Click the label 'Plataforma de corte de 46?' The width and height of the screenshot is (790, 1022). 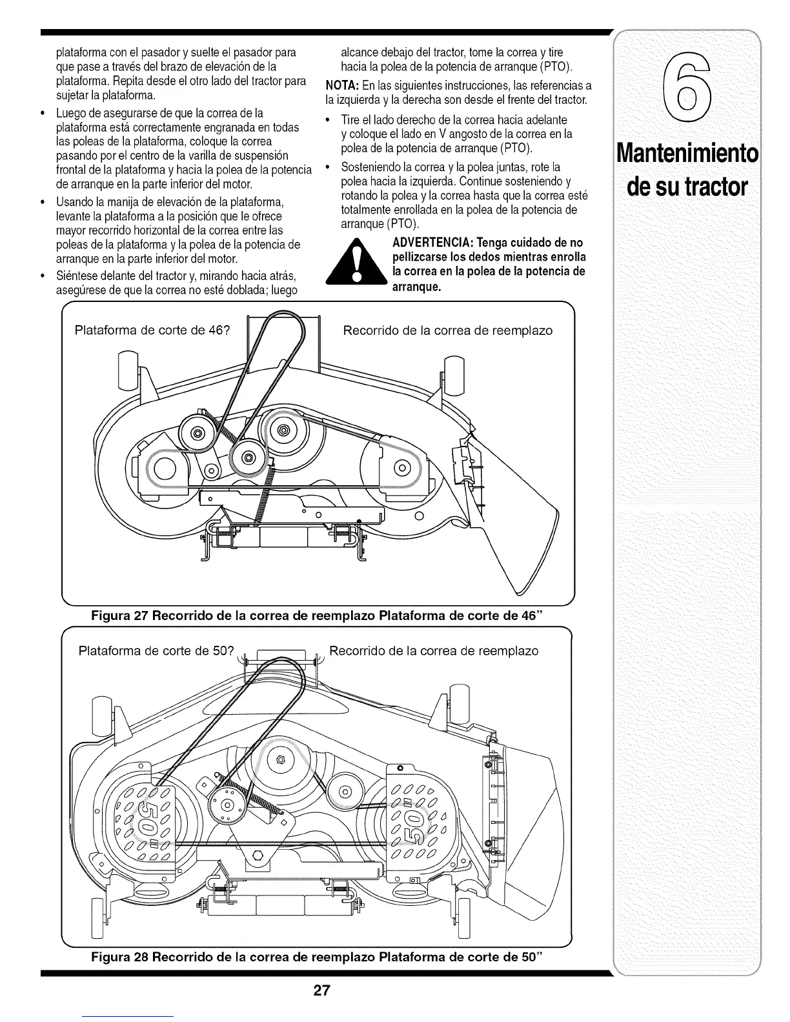coord(152,331)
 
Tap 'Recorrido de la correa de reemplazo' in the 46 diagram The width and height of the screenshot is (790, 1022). coord(447,331)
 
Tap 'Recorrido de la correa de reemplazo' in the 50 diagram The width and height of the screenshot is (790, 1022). coord(434,650)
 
